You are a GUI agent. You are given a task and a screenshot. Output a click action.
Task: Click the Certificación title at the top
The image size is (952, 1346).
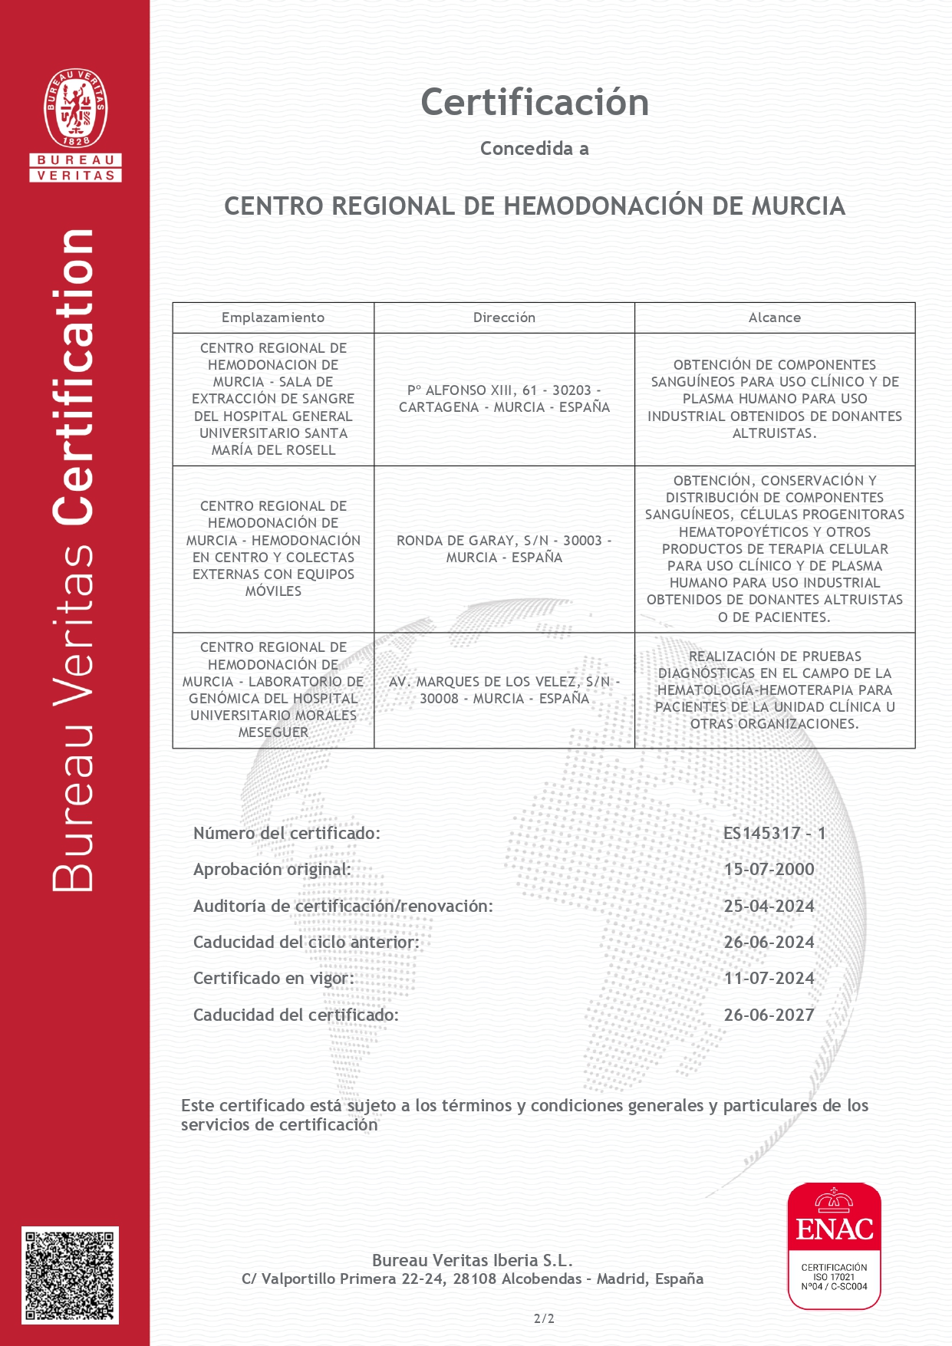click(535, 103)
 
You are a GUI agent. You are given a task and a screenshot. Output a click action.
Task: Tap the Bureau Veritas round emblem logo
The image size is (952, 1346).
click(76, 108)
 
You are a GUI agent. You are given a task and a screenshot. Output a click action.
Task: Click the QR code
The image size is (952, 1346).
click(70, 1275)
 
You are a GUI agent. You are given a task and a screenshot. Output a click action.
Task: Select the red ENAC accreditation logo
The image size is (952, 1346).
click(834, 1246)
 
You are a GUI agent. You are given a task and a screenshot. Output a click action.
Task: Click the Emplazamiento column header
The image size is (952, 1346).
click(273, 318)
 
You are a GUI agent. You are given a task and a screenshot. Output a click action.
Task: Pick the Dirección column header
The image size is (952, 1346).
click(504, 318)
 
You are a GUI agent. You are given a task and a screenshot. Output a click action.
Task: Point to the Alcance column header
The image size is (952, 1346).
click(775, 318)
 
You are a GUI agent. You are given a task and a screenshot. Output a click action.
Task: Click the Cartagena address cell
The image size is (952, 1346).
click(504, 399)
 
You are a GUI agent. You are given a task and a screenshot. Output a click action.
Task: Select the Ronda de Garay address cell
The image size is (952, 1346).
click(504, 549)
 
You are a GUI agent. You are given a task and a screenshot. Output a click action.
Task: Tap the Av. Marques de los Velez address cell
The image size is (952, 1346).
click(504, 690)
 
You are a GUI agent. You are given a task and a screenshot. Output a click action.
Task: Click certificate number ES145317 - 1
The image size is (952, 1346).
click(774, 834)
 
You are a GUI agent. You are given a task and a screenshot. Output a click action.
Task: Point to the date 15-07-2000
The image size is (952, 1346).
click(769, 870)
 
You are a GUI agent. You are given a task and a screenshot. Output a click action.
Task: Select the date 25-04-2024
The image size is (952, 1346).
click(769, 907)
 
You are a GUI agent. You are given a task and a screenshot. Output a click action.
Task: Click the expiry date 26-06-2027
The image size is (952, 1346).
click(769, 1015)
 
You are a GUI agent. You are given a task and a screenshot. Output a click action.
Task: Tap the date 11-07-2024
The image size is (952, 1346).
click(769, 979)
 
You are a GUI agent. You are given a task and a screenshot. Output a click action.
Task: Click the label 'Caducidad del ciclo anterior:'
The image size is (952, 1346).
click(306, 943)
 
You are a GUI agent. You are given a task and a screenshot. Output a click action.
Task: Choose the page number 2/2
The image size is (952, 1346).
click(544, 1319)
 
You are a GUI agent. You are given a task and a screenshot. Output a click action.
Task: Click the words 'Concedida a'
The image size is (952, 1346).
click(535, 149)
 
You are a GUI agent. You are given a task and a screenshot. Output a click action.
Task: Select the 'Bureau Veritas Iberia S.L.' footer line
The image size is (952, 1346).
click(473, 1260)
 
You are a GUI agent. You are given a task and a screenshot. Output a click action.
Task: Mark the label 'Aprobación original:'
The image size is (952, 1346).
click(272, 870)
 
